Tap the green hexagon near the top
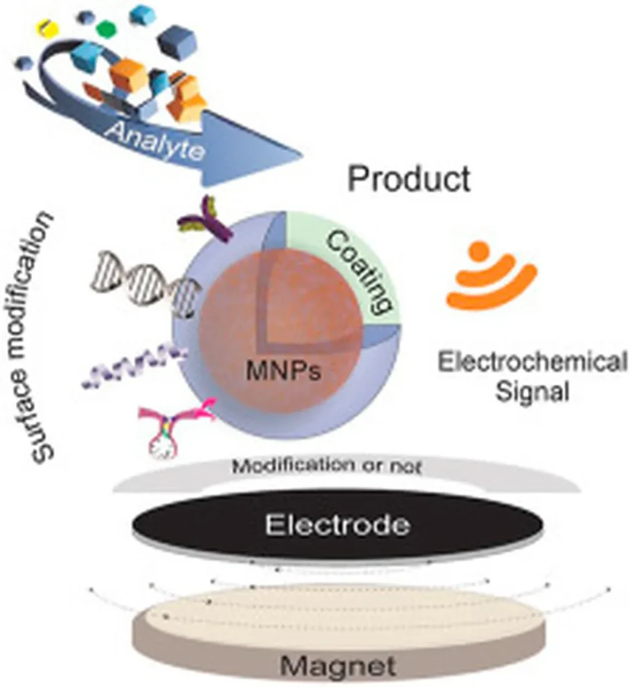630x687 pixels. (105, 29)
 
